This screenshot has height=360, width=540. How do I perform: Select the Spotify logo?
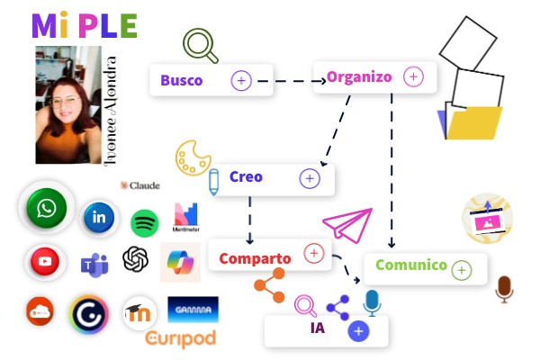(145, 222)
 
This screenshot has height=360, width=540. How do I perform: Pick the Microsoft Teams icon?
(93, 264)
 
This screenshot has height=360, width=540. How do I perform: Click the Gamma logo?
(193, 310)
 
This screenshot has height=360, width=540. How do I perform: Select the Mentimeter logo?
(186, 216)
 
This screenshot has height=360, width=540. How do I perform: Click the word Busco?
(182, 80)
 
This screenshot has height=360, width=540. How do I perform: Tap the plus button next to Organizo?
(413, 76)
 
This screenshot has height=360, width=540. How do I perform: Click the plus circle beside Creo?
(310, 178)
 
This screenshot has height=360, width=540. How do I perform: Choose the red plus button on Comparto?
(314, 254)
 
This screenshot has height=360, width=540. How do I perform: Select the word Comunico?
(411, 265)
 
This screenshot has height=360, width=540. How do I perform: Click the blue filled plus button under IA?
(358, 331)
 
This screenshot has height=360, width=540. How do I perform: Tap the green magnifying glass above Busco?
(200, 46)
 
